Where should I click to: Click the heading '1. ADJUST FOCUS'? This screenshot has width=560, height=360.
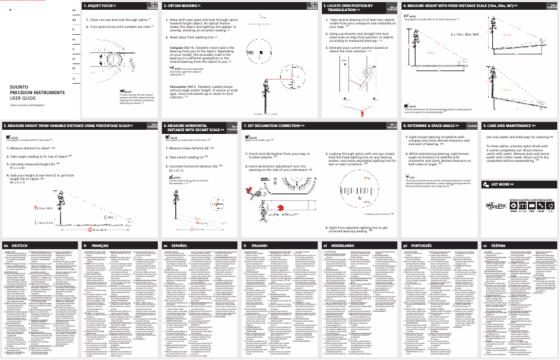pyautogui.click(x=105, y=5)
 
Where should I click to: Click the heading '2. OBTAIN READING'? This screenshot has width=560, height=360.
pyautogui.click(x=186, y=5)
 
